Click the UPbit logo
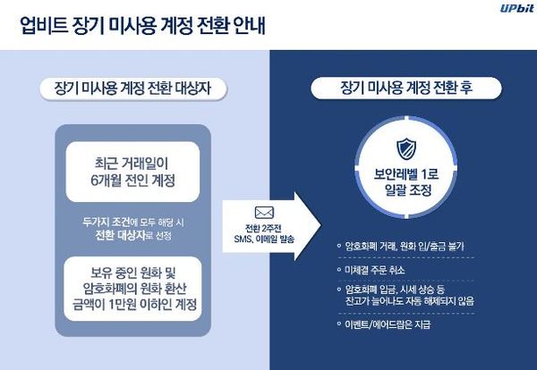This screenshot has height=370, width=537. [x=516, y=8]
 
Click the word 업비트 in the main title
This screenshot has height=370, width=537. [x=44, y=26]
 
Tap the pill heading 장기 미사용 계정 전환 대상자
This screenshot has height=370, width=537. [x=132, y=88]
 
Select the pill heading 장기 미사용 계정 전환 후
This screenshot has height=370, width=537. [x=406, y=88]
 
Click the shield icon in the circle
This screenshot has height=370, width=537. [x=406, y=149]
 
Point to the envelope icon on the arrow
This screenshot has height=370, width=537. [x=264, y=213]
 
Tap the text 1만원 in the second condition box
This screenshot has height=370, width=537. [x=124, y=304]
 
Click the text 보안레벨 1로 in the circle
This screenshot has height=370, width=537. [x=406, y=174]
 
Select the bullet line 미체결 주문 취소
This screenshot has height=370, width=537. [x=375, y=270]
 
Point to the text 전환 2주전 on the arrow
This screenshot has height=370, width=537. [x=263, y=228]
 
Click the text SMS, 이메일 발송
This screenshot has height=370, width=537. [x=264, y=239]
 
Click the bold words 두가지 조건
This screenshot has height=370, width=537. [x=107, y=223]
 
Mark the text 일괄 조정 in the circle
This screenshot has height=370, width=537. [x=407, y=190]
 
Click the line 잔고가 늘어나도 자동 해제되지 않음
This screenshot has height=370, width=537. [x=410, y=301]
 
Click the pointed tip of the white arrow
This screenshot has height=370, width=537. [x=320, y=226]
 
